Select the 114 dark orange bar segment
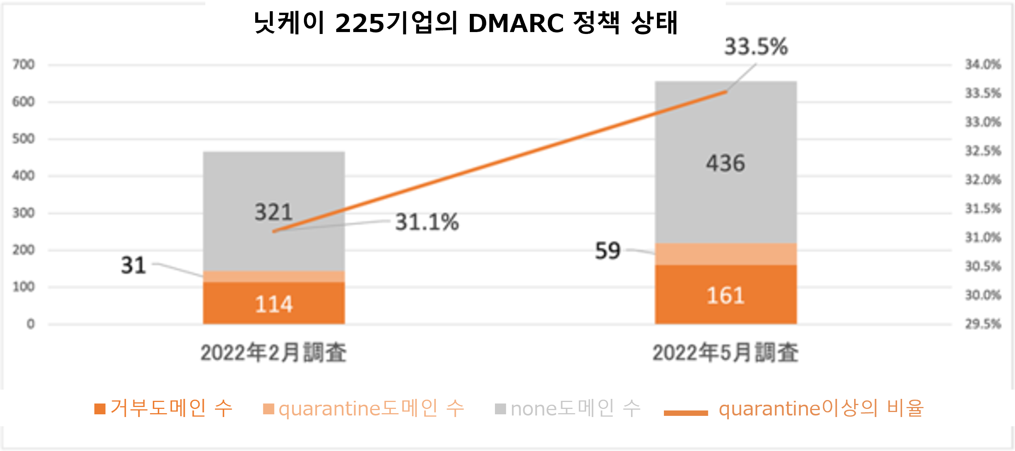pos(273,303)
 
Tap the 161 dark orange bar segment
pos(725,295)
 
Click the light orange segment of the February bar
pos(273,276)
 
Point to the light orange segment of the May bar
pos(725,254)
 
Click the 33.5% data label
pos(756,46)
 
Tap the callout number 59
pos(607,251)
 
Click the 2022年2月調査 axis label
pos(273,352)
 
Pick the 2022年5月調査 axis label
pos(725,352)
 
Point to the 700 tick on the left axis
pos(23,64)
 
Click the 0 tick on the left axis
pos(30,324)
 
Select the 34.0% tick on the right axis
pos(983,64)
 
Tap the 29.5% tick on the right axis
pos(983,324)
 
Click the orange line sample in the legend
pos(686,412)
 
